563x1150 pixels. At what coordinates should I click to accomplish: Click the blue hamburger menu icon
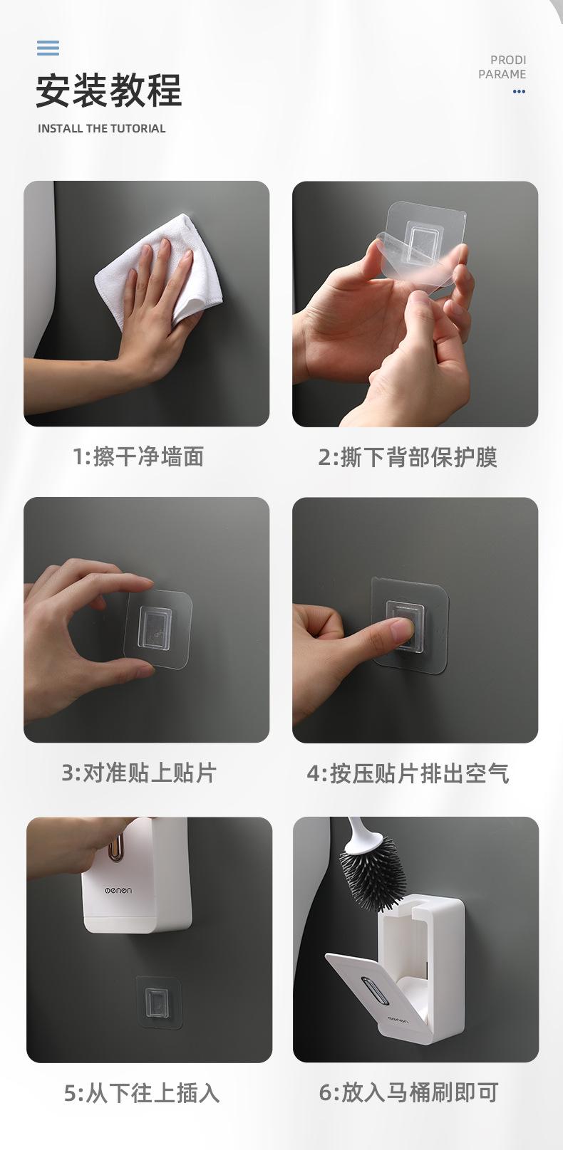[48, 48]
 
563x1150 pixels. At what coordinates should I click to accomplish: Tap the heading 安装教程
[109, 90]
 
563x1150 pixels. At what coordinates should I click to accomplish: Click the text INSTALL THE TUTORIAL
[101, 128]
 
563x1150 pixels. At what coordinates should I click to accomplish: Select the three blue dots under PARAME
[519, 91]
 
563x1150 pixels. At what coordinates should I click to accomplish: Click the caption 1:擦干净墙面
[138, 456]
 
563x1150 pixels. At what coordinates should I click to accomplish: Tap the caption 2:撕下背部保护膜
[408, 457]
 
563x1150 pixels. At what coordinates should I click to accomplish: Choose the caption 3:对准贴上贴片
[139, 773]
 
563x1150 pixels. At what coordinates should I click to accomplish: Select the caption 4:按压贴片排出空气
[408, 773]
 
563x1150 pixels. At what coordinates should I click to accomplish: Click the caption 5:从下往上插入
[142, 1092]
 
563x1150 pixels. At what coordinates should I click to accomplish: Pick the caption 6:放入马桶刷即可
[408, 1092]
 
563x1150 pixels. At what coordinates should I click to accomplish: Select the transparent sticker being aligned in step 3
[158, 629]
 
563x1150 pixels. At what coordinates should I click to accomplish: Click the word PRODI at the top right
[508, 60]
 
